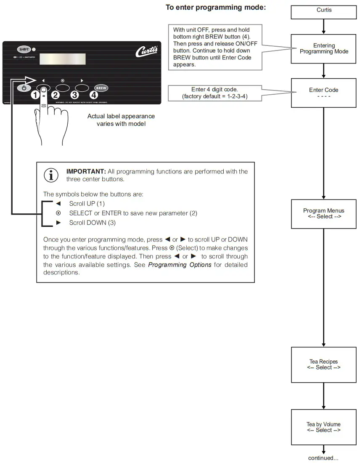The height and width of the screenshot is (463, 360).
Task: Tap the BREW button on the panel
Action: (x=101, y=88)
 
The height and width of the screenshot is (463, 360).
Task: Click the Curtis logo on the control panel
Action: (x=146, y=51)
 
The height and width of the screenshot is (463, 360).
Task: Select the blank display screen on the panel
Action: (x=63, y=59)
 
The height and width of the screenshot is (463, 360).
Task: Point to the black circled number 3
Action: (x=75, y=95)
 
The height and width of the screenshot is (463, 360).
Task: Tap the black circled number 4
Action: (x=94, y=95)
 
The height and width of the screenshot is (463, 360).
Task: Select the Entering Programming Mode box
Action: (x=324, y=49)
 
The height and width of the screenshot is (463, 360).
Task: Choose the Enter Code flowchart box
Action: (x=324, y=93)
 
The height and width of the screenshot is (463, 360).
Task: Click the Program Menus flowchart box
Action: (x=324, y=214)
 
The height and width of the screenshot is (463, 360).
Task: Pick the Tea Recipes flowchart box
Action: (x=324, y=365)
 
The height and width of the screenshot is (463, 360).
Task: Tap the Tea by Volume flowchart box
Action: (x=324, y=427)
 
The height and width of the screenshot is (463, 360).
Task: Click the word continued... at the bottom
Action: (x=323, y=458)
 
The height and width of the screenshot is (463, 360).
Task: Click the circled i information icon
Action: (x=51, y=175)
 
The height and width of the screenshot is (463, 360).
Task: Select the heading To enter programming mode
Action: (x=216, y=8)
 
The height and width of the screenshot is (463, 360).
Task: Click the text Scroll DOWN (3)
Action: (x=92, y=223)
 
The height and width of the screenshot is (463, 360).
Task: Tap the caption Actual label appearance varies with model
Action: (x=121, y=120)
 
